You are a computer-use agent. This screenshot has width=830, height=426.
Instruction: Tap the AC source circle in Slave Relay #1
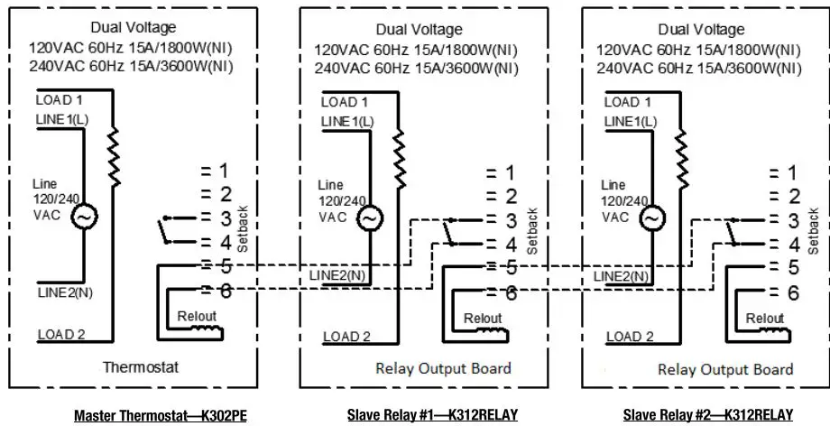click(x=370, y=218)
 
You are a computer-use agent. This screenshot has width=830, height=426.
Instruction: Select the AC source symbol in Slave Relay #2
click(x=651, y=218)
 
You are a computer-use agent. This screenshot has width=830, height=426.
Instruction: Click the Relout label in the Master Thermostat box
click(x=196, y=316)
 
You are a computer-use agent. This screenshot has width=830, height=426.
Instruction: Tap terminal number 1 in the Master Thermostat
click(x=224, y=171)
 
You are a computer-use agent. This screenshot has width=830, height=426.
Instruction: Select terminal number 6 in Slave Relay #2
click(x=793, y=292)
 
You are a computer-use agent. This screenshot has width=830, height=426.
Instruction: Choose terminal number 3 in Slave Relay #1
click(x=510, y=220)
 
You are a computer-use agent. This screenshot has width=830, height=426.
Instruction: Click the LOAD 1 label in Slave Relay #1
click(x=345, y=103)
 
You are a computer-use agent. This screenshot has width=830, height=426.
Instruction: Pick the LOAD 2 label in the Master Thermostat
click(x=61, y=335)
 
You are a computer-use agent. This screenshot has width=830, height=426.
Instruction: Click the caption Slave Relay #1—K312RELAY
click(x=432, y=415)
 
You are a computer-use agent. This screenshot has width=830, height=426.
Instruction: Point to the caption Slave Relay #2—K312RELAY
click(x=707, y=415)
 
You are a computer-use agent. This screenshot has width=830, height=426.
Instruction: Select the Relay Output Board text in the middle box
click(x=443, y=368)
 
